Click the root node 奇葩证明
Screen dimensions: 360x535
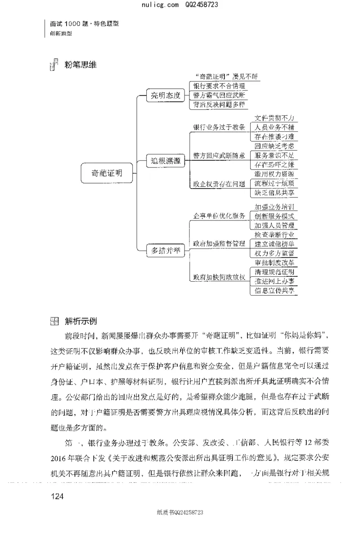(107, 172)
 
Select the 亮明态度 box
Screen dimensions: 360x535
(166, 95)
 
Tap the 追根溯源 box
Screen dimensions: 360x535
(166, 161)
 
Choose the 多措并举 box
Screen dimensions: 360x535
(166, 251)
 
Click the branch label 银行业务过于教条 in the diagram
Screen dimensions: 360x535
(219, 127)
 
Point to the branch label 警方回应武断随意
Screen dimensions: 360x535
(219, 155)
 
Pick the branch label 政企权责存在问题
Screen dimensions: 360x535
(219, 184)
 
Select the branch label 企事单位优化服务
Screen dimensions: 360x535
(219, 216)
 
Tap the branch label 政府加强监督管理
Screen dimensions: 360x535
(219, 243)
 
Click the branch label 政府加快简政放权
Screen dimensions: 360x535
(219, 277)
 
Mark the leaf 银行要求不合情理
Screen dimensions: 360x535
(219, 85)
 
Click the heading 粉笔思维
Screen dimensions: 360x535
(81, 65)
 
